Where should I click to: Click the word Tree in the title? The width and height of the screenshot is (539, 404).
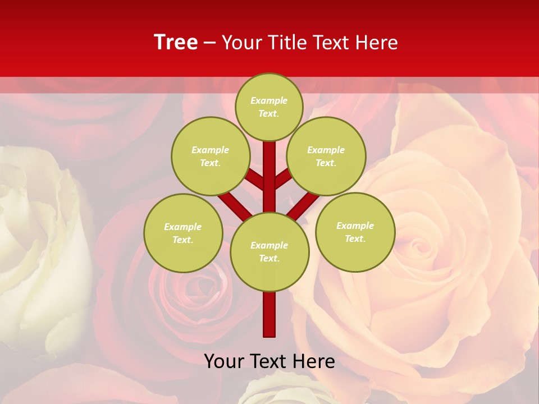pos(176,43)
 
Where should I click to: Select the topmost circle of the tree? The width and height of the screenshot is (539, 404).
pos(269,107)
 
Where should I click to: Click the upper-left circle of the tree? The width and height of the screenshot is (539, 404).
pos(211,156)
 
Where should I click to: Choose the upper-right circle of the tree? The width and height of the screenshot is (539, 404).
pos(326,156)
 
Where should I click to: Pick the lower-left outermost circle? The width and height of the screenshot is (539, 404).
pos(183,233)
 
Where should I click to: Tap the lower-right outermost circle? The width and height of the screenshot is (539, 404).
pos(355,232)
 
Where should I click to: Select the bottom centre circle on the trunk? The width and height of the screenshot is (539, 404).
pos(269,251)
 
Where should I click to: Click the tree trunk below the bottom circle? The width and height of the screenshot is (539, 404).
pos(269,314)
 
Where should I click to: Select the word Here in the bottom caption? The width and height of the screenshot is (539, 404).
pos(315,361)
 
